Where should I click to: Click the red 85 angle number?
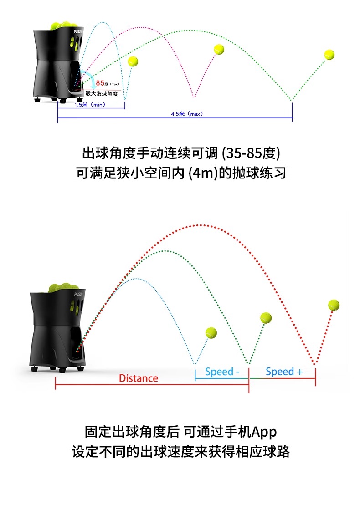coord(100,83)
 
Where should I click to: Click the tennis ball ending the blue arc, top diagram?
coord(133,61)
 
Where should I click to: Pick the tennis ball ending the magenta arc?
coord(219,49)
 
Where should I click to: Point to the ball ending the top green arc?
coord(329,55)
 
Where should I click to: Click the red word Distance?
coord(139,378)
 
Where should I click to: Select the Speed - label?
coord(222,372)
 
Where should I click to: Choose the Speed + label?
coord(284,372)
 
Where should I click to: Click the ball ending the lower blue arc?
coord(211,333)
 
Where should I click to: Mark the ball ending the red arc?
coord(334,305)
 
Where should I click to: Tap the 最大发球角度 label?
coord(102,93)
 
